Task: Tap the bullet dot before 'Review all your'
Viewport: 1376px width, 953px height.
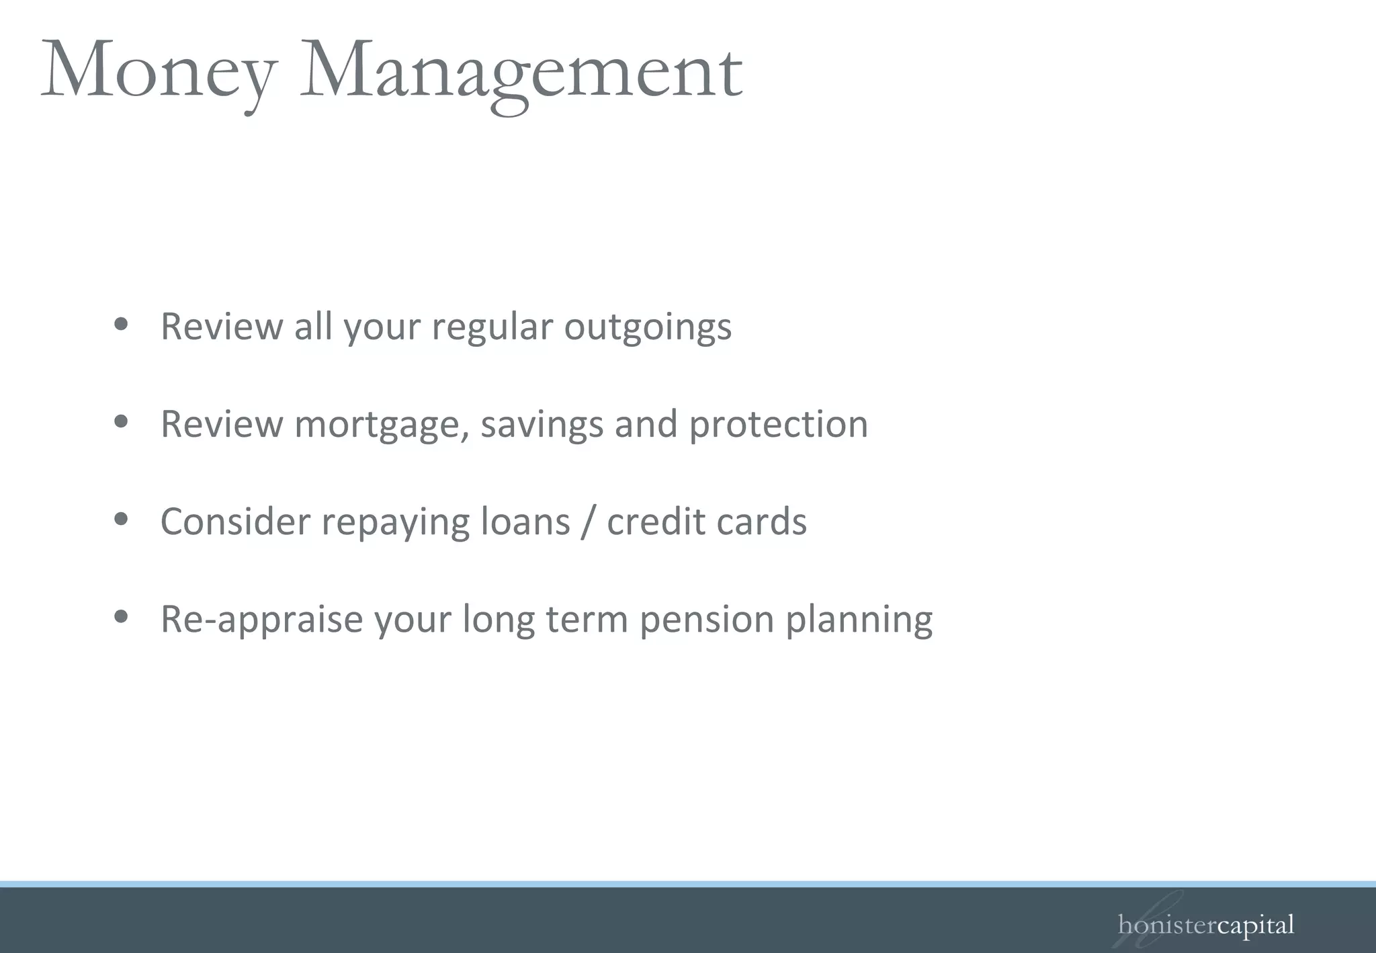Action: click(121, 325)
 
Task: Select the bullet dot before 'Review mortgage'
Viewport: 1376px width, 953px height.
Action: click(121, 422)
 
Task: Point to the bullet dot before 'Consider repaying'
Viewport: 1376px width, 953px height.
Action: click(121, 520)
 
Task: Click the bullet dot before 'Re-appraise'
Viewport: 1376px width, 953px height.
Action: click(121, 616)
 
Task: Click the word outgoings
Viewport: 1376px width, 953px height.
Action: click(648, 328)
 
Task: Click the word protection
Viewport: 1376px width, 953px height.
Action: click(779, 425)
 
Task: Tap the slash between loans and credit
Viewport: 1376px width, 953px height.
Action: click(589, 522)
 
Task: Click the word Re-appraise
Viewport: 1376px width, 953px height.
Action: click(262, 620)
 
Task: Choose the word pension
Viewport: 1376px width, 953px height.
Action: click(707, 620)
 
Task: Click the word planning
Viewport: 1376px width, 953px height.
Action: click(859, 620)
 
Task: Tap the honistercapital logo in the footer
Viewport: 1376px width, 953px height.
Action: click(1205, 926)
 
